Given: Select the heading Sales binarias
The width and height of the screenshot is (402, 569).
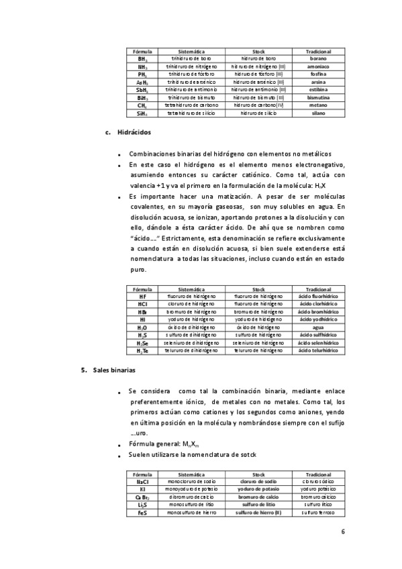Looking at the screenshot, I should [113, 370].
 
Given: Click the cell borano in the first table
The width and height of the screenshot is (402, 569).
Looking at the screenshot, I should [318, 58].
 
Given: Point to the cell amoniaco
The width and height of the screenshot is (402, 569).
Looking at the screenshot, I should [318, 66].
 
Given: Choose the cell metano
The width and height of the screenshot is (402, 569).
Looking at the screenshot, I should [318, 105].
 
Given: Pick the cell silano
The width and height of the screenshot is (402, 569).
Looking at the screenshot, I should [318, 113].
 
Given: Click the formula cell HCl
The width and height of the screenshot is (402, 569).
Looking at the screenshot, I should [142, 303].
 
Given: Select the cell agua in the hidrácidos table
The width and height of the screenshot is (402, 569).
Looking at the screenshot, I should [318, 327].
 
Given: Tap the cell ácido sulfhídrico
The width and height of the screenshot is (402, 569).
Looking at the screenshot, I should [318, 335].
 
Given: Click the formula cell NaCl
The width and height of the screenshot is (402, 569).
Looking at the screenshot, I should [142, 482].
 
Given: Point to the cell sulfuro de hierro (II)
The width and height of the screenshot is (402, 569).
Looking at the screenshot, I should [258, 513].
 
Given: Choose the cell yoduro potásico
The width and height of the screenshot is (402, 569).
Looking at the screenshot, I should [318, 489].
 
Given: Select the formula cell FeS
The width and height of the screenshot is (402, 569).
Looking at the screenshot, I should [142, 513].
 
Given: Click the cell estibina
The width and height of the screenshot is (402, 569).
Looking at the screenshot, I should [318, 90].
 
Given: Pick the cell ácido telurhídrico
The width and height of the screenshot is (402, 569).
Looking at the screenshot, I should [318, 350].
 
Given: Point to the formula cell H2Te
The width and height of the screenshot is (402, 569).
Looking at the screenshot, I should [142, 350].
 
